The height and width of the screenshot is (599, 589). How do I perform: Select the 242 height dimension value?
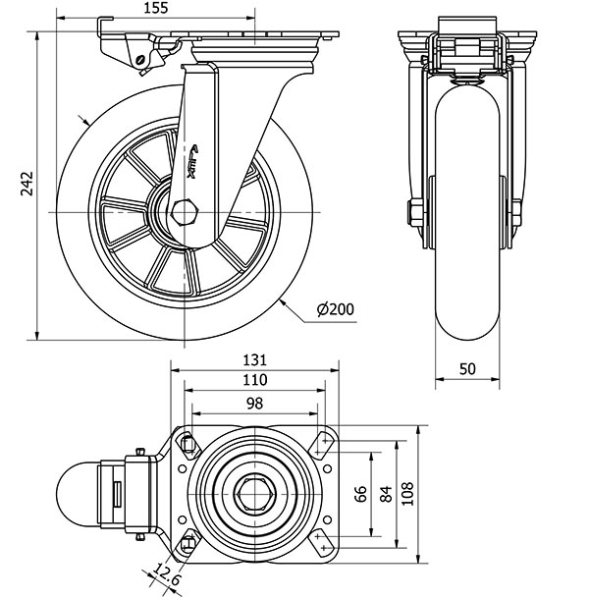coord(26,185)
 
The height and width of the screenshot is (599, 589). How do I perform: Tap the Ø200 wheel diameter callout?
coord(336,310)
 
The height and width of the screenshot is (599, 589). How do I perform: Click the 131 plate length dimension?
coord(254,359)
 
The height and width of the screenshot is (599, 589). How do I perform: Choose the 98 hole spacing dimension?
coord(254,403)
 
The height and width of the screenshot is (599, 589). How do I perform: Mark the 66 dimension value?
coord(360,492)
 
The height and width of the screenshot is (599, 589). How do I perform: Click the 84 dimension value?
coord(385,492)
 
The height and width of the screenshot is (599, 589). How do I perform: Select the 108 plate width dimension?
coord(411,492)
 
